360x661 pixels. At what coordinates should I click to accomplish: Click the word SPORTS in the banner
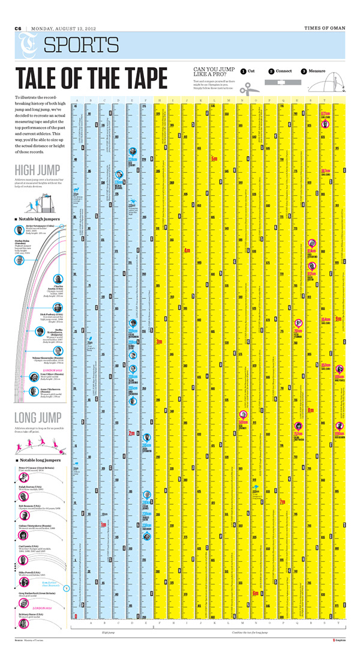click(82, 45)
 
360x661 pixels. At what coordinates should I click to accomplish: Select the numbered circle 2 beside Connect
click(271, 71)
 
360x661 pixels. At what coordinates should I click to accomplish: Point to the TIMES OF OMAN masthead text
click(325, 28)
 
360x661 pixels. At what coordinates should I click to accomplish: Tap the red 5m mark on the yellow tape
click(214, 159)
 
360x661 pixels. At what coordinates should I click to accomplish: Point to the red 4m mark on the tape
click(187, 250)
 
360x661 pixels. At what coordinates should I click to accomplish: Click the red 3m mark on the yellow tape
click(159, 342)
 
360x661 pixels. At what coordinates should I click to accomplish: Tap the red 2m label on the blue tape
click(130, 433)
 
